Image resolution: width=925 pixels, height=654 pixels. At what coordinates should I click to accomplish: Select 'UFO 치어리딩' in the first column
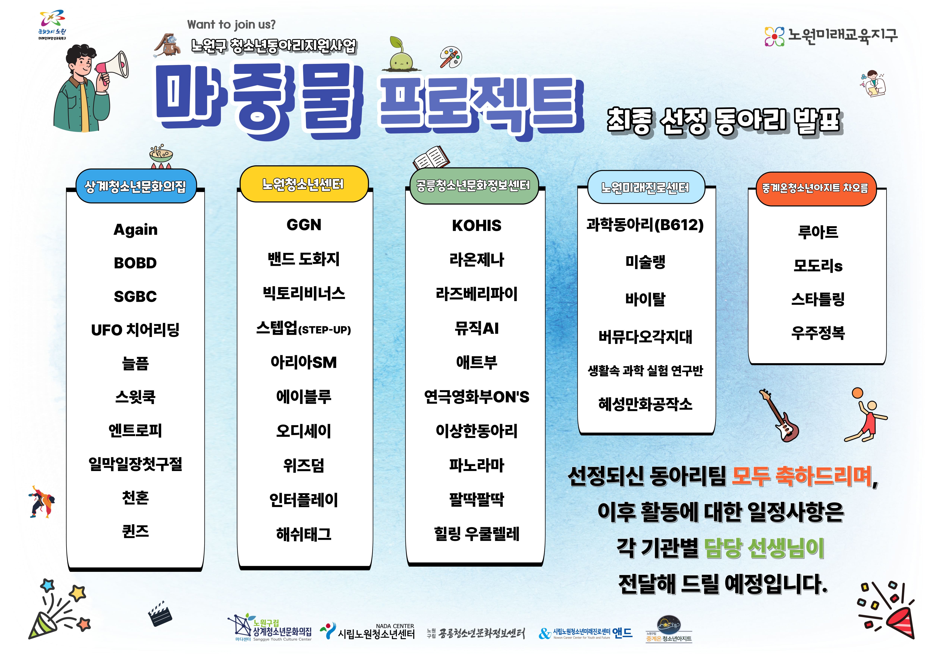coord(135,330)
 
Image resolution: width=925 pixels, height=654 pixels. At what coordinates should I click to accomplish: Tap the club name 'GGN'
coord(304,225)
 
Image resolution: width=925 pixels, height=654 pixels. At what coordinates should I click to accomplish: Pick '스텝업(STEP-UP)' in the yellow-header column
coord(304,329)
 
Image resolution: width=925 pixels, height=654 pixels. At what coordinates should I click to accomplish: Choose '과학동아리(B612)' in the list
coord(645,225)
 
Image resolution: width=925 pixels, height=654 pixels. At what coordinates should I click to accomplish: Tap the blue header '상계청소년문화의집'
coord(136,186)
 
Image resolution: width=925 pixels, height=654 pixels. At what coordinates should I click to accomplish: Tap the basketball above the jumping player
coord(857,393)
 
